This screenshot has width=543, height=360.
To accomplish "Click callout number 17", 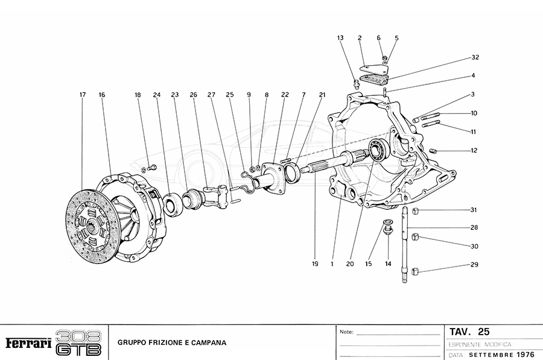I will pos(82,95).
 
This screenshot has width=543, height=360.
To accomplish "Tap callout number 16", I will pos(102,95).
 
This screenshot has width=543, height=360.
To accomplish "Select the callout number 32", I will pos(475,58).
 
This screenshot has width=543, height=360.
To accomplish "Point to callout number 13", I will pos(340,38).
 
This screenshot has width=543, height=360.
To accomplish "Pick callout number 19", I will pos(314,263).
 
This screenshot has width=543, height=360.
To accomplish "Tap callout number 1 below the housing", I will pos(332,263).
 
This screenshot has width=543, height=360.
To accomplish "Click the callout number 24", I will pos(156,95).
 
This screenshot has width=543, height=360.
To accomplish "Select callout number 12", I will pos(474,151).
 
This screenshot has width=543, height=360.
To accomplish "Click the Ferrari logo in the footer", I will pos(28,343).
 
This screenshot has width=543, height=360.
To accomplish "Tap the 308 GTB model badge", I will pos(78,343).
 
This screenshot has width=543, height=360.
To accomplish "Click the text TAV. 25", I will pos(469,332).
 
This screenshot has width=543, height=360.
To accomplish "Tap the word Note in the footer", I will pos(346,332).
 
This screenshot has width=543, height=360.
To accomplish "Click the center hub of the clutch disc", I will pos(90,226).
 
